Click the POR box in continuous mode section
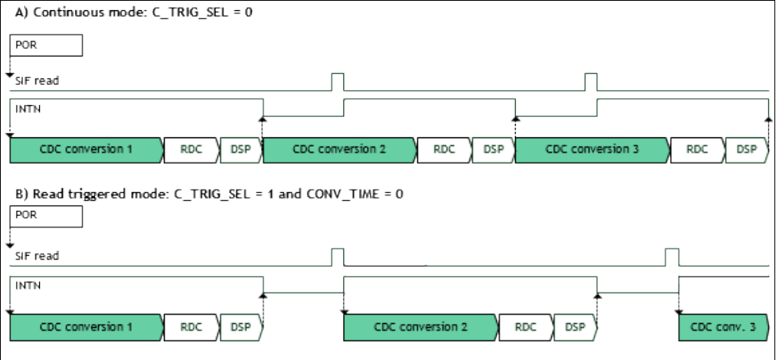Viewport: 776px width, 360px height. tap(45, 45)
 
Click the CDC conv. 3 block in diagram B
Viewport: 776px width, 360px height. tap(723, 327)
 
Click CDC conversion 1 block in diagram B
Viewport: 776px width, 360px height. tap(85, 327)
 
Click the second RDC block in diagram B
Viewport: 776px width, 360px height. tap(525, 327)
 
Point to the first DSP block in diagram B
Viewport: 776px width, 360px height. tap(241, 327)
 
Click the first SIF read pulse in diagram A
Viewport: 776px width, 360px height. tap(338, 82)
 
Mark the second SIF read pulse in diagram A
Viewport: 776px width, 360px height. tap(591, 82)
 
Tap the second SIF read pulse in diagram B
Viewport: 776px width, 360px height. tap(671, 257)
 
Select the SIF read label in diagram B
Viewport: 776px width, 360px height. tap(37, 256)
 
